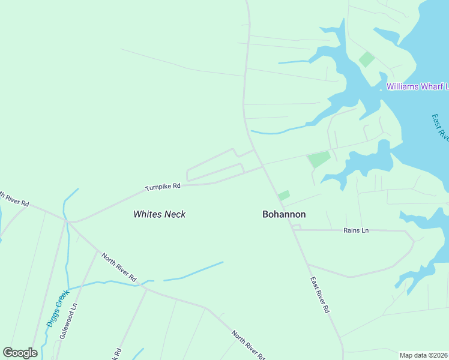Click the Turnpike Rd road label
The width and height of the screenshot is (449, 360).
(163, 187)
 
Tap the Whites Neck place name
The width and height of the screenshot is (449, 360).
(160, 214)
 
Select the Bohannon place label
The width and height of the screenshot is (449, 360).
(285, 214)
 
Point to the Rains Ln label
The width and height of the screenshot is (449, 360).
(356, 230)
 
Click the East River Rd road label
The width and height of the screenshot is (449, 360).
(321, 295)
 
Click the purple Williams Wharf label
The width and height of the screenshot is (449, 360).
(417, 86)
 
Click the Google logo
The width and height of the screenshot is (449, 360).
(20, 353)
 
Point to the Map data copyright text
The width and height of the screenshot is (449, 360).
(424, 355)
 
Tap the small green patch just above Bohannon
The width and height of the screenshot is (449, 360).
(284, 196)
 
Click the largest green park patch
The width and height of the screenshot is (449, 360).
(319, 160)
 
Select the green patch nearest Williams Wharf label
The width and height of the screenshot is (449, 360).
(366, 59)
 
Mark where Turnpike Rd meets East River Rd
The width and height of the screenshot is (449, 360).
(263, 167)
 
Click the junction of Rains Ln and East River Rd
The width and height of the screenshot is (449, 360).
(292, 229)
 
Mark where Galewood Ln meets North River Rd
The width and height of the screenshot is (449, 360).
(97, 253)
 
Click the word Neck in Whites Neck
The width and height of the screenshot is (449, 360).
(176, 214)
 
